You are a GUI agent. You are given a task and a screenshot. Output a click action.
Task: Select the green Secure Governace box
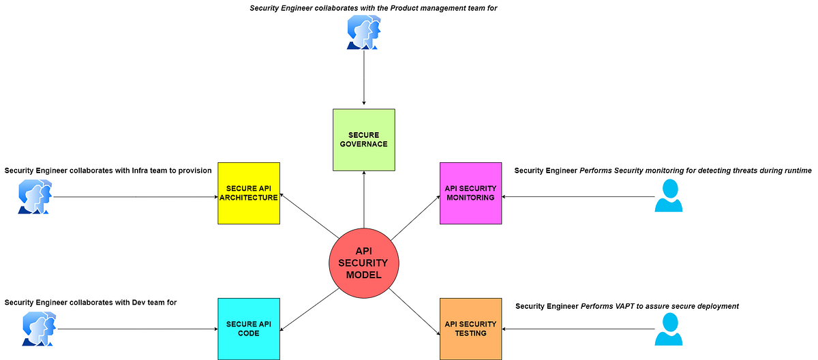[363, 140]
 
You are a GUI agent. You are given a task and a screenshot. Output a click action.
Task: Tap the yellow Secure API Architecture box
[249, 193]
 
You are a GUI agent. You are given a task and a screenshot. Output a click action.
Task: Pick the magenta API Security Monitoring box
[471, 193]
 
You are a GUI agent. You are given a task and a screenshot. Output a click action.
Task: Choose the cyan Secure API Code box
[249, 329]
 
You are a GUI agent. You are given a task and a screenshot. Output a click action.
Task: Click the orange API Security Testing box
[471, 329]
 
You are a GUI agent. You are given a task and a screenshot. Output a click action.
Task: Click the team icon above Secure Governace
[363, 33]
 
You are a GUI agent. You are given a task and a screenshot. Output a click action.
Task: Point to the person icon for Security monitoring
[669, 196]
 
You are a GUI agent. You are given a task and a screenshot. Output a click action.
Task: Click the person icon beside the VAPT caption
[669, 329]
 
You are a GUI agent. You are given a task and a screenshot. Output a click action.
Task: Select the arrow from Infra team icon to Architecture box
[136, 197]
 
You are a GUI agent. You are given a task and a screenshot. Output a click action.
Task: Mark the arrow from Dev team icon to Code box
[136, 329]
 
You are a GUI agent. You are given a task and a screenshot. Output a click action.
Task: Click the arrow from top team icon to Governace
[363, 78]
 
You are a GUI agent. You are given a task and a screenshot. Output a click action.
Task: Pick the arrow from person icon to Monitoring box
[579, 197]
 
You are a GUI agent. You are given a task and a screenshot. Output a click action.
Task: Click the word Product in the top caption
[394, 7]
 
